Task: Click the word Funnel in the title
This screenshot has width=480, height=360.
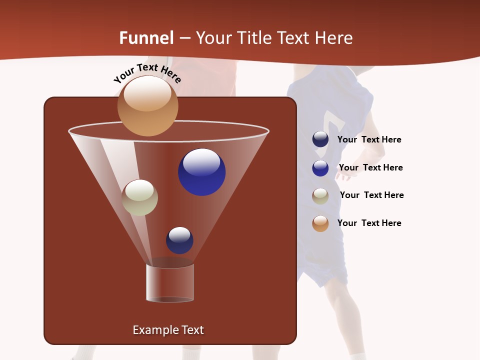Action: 146,38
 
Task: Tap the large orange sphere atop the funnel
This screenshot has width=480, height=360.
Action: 148,106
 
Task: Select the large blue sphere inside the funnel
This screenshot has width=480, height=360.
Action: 201,172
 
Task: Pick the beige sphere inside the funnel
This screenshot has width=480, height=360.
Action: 139,197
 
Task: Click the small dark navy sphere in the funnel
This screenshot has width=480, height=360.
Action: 179,240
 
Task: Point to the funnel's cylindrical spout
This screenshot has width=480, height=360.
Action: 170,282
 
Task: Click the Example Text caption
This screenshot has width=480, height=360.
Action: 168,330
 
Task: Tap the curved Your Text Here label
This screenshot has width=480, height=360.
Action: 147,73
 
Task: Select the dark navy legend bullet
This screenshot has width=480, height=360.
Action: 320,139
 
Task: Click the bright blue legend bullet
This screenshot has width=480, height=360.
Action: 320,167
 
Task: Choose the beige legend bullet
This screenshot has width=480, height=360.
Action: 320,195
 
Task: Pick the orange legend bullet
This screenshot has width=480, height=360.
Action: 320,223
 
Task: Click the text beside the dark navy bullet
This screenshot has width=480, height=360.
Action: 369,139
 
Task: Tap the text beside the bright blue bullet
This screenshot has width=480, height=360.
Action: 370,167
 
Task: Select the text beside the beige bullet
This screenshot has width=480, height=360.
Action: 371,195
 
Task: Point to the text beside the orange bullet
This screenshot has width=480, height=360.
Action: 369,223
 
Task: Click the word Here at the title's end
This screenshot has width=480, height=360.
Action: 334,38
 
